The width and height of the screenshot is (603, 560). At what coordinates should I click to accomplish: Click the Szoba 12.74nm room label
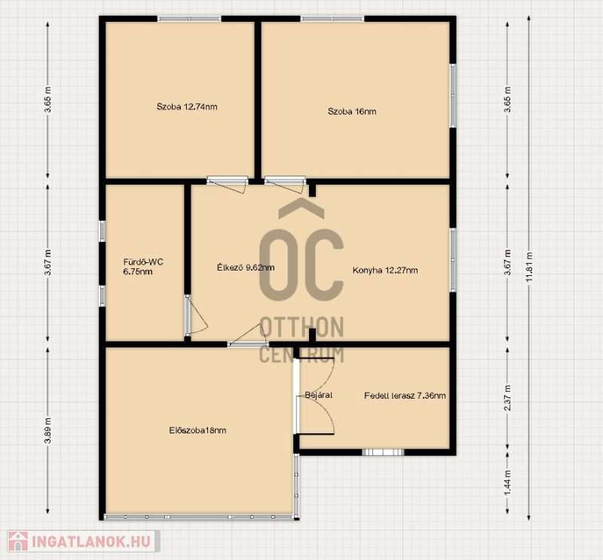(x=187, y=106)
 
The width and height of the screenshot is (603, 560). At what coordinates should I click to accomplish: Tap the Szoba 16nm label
(x=352, y=112)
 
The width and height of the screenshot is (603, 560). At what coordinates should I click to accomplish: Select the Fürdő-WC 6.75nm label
(x=143, y=267)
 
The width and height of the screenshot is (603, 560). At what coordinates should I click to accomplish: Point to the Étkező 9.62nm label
(x=246, y=268)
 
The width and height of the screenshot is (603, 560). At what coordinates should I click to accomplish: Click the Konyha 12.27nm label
(x=385, y=270)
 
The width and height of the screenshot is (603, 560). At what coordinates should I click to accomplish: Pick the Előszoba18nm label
(x=197, y=430)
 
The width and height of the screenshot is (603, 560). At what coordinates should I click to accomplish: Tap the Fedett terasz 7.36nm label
(x=405, y=396)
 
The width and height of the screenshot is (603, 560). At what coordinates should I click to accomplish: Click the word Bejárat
(x=318, y=395)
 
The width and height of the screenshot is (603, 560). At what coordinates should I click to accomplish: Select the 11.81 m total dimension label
(x=530, y=267)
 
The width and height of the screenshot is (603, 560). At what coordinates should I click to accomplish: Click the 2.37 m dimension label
(x=507, y=398)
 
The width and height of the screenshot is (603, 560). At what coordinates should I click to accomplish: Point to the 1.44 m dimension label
(x=507, y=483)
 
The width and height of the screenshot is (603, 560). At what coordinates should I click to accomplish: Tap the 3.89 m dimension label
(x=47, y=430)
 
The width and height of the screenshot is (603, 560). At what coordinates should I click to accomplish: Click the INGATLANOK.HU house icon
(x=17, y=540)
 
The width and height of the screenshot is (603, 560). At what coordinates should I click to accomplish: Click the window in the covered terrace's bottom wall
(x=383, y=452)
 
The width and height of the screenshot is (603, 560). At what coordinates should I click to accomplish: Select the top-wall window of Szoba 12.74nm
(x=189, y=18)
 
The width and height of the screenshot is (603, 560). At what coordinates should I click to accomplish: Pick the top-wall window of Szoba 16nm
(x=332, y=18)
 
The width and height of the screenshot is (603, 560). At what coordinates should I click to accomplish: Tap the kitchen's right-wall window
(x=453, y=260)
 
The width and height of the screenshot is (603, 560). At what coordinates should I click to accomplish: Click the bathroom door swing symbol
(x=196, y=314)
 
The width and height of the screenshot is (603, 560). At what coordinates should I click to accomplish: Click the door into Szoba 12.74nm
(x=227, y=185)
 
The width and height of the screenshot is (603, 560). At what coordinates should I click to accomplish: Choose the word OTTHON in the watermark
(x=301, y=327)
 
